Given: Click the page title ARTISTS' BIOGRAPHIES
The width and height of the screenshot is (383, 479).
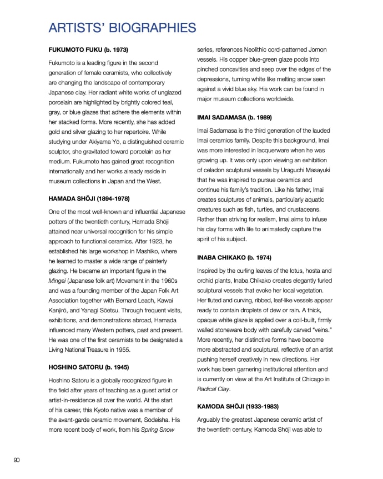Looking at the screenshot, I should pyautogui.click(x=122, y=28).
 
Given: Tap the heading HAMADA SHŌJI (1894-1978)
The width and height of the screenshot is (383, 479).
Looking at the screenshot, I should pyautogui.click(x=92, y=198).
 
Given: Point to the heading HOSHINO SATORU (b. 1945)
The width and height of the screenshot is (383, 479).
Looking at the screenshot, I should pyautogui.click(x=93, y=367).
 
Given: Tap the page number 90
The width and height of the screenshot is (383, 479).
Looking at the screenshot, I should pyautogui.click(x=17, y=460).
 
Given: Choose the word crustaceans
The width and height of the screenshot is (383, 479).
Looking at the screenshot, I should pyautogui.click(x=310, y=209).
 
